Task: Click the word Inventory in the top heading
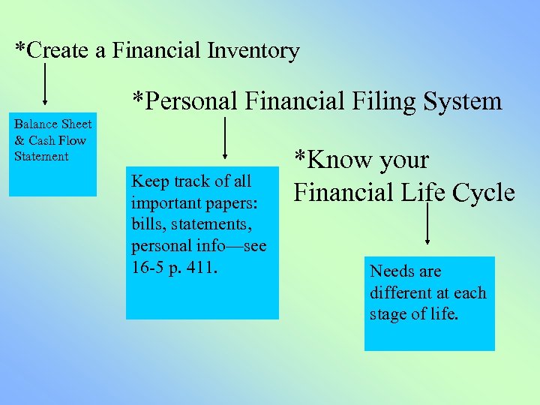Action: coord(254,51)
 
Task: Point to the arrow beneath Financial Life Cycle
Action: coord(427,223)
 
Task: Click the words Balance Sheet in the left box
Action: coord(52,124)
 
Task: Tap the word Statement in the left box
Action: coord(41,157)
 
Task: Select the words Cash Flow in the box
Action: coord(57,140)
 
